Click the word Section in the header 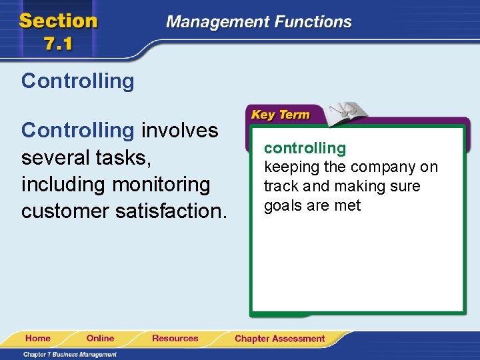58,21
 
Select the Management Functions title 259,22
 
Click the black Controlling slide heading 77,81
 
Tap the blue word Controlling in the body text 77,130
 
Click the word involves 179,130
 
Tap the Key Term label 280,115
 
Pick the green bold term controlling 305,148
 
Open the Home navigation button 38,339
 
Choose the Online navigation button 100,339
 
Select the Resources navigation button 175,339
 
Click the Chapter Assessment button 279,339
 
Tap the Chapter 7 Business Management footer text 70,354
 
